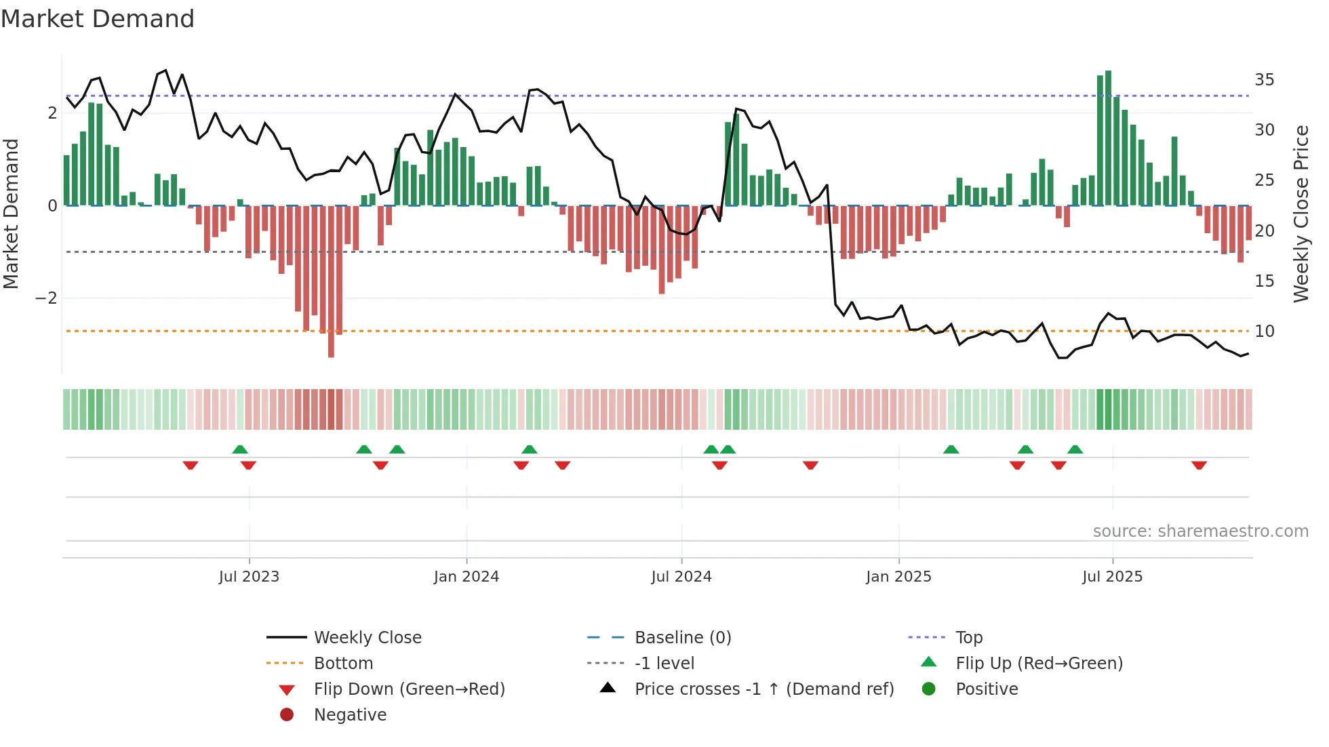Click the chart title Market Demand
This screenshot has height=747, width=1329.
click(x=98, y=19)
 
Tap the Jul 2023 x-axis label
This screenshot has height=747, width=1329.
click(x=249, y=577)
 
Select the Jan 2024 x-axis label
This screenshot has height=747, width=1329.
click(x=467, y=577)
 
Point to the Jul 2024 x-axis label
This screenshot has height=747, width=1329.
click(x=681, y=577)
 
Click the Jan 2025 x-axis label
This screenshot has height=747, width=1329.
click(x=898, y=577)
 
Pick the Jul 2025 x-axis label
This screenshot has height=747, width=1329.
click(x=1112, y=577)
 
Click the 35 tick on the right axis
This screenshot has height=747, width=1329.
click(x=1264, y=80)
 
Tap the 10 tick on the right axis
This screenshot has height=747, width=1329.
click(x=1264, y=331)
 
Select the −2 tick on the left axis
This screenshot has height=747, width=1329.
click(x=46, y=298)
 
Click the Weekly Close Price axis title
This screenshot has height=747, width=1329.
click(x=1301, y=214)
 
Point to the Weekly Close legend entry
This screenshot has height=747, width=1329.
click(x=367, y=638)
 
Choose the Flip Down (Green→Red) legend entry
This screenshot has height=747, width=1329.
click(x=409, y=689)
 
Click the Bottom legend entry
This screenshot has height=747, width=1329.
click(x=343, y=664)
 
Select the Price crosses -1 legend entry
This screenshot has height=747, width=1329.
click(x=763, y=689)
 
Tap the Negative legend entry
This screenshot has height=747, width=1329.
click(x=350, y=715)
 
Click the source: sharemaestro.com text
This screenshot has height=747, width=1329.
click(x=1200, y=531)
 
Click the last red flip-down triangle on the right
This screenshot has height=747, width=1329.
click(x=1199, y=466)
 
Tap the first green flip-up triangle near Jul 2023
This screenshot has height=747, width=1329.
click(x=240, y=449)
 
